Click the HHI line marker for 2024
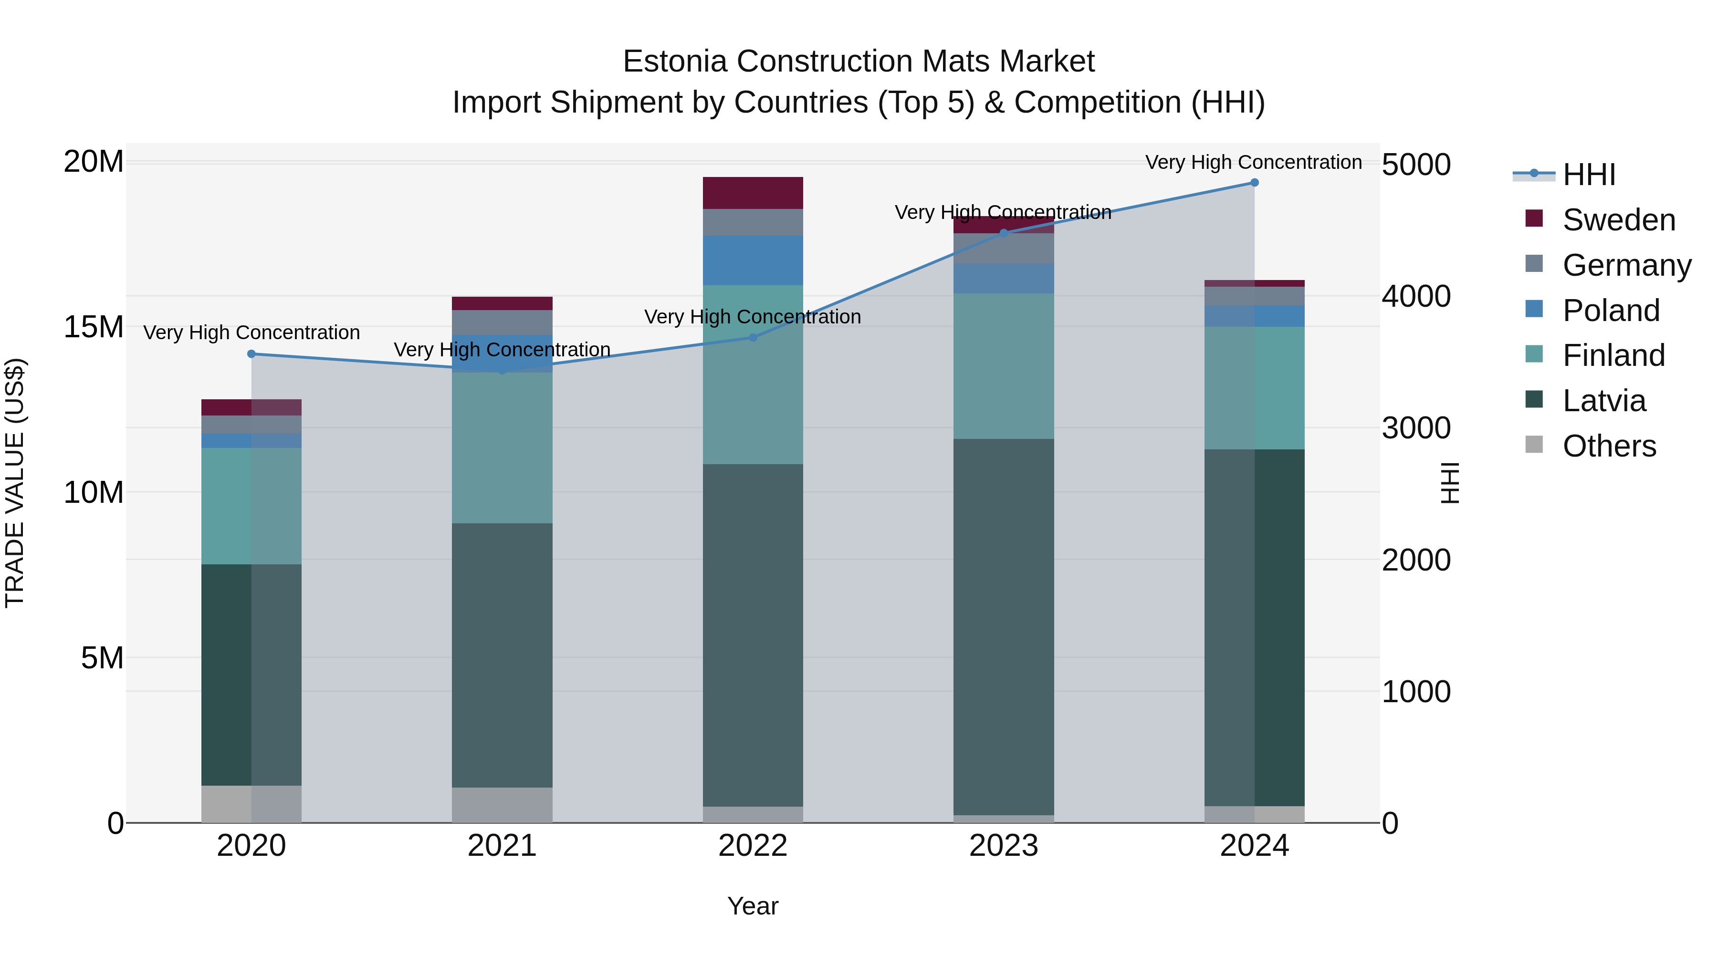pos(1254,183)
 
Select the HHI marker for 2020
pos(251,354)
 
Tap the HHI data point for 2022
pos(753,337)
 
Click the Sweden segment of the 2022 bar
pos(753,193)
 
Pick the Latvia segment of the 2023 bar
pos(1004,627)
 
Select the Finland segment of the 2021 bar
pos(502,448)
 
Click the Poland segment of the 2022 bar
pos(753,260)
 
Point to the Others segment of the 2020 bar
pos(251,804)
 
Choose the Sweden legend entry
pos(1619,220)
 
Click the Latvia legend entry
pos(1604,401)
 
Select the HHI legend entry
pos(1589,175)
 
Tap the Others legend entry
pos(1609,446)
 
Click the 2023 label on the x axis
pos(1004,846)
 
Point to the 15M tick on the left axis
pos(94,327)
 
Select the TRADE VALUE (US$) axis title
pos(15,483)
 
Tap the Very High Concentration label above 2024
pos(1253,162)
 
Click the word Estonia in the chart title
pos(674,62)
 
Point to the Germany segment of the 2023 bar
pos(1004,248)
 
